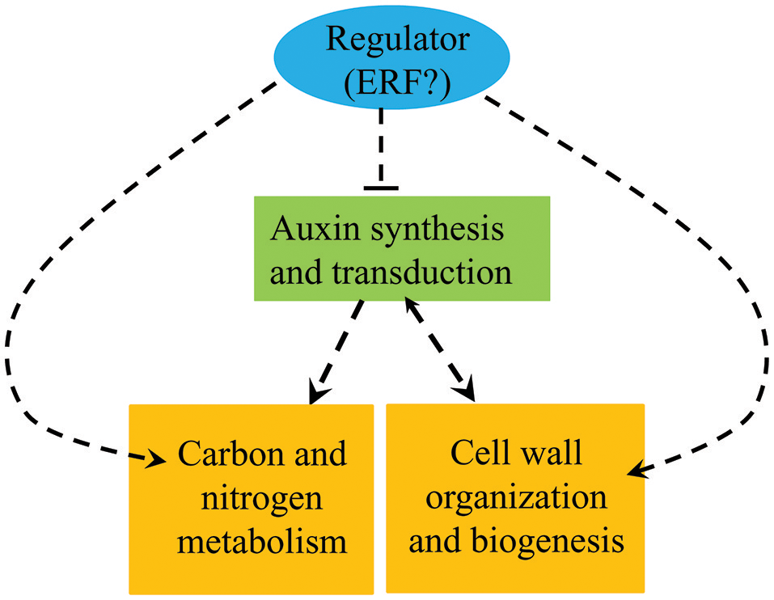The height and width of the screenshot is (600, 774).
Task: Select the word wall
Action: tap(551, 454)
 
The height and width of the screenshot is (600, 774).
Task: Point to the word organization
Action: tap(516, 496)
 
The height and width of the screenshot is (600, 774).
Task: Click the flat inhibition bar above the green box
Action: tap(381, 188)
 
